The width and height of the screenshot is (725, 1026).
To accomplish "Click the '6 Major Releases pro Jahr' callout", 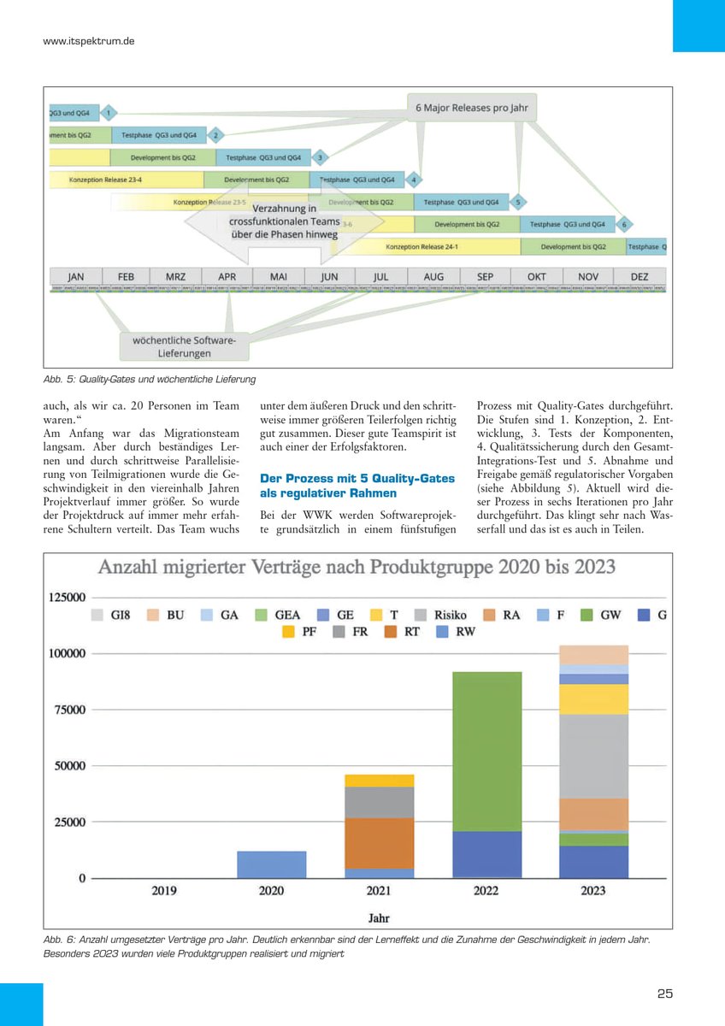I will [471, 108].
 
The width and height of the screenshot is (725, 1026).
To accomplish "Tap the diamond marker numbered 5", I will [518, 203].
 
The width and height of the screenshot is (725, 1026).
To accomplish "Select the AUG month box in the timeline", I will [433, 277].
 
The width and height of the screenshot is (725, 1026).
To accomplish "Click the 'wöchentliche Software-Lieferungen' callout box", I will [185, 346].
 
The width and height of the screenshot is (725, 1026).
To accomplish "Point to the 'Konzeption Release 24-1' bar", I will [421, 246].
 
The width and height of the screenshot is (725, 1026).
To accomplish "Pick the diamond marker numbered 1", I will [109, 112].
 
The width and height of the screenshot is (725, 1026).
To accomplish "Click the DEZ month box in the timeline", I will [640, 277].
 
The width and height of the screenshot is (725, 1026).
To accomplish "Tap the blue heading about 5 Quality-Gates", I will [357, 486].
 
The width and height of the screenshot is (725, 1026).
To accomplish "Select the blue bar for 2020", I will [271, 864].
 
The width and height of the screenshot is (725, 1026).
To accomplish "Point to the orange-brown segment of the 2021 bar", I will [379, 843].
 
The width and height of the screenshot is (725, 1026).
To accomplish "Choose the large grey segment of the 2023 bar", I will [592, 756].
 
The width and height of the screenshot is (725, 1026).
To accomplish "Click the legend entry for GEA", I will [279, 614].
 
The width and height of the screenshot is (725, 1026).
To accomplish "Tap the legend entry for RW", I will [456, 633].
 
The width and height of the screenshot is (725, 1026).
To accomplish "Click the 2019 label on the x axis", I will [164, 891].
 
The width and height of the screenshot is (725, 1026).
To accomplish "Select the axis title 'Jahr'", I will [379, 918].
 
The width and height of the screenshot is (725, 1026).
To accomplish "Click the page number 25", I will [665, 994].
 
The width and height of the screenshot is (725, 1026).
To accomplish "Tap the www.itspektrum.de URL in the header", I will [89, 41].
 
